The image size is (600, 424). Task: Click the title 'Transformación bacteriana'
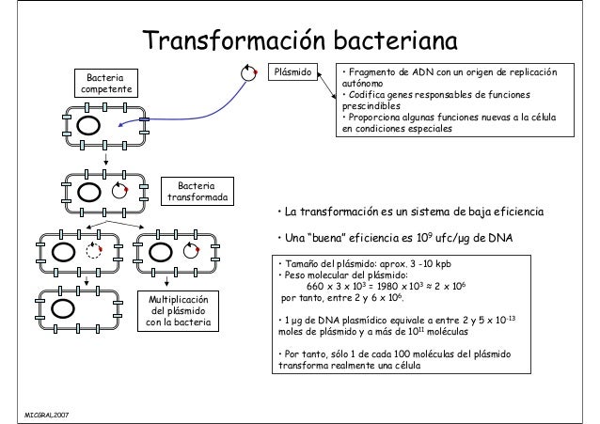pyautogui.click(x=300, y=42)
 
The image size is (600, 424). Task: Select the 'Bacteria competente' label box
pyautogui.click(x=106, y=82)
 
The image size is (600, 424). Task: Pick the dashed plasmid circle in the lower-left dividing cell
pyautogui.click(x=92, y=251)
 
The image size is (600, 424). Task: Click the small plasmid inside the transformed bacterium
pyautogui.click(x=119, y=192)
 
